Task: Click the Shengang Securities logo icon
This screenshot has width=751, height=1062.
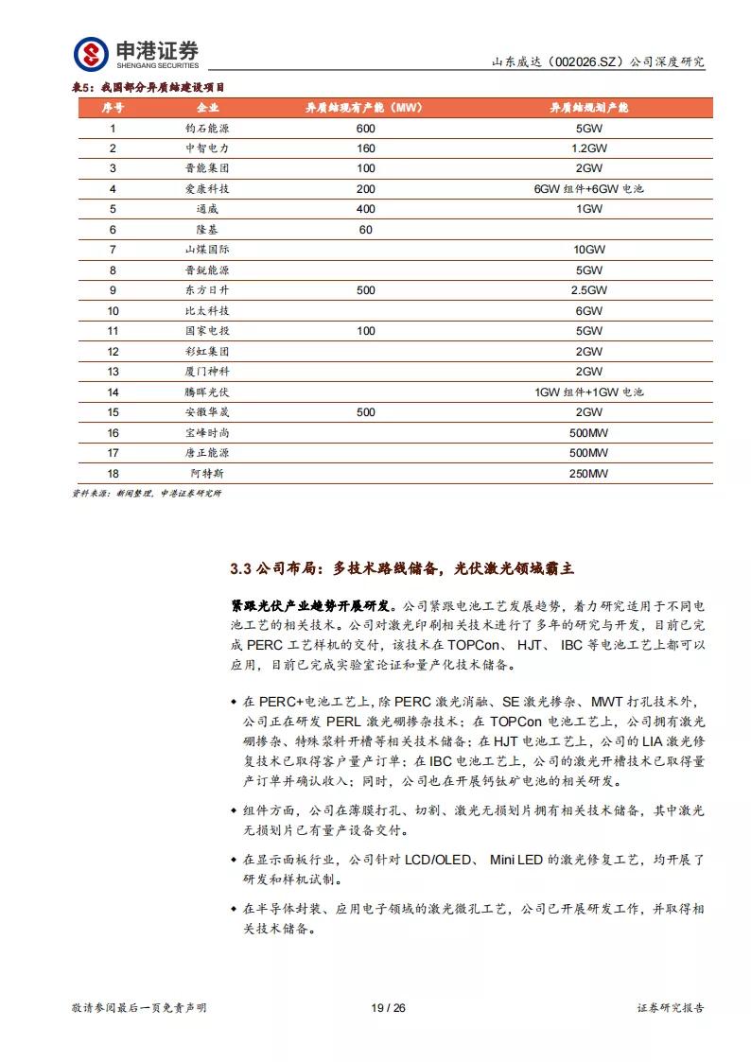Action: pyautogui.click(x=92, y=53)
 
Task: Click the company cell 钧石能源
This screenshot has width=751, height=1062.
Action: pyautogui.click(x=207, y=128)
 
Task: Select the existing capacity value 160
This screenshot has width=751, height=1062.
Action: pyautogui.click(x=366, y=148)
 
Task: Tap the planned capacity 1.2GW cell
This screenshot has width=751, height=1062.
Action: pyautogui.click(x=588, y=148)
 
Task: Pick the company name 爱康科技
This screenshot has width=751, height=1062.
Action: pyautogui.click(x=207, y=189)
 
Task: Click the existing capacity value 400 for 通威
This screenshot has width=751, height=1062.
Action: pyautogui.click(x=366, y=209)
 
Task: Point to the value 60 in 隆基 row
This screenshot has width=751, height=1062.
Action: pyautogui.click(x=366, y=230)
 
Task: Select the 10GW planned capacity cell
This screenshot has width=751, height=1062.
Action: pyautogui.click(x=588, y=250)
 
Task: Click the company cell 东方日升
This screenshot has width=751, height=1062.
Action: pyautogui.click(x=207, y=290)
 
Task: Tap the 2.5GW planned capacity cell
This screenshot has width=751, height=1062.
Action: pyautogui.click(x=588, y=290)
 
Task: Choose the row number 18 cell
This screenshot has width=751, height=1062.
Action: pyautogui.click(x=113, y=473)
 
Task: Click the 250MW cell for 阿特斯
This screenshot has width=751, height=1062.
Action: pyautogui.click(x=588, y=473)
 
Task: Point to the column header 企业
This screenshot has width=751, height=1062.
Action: pyautogui.click(x=207, y=108)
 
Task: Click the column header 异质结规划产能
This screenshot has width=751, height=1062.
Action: pyautogui.click(x=588, y=108)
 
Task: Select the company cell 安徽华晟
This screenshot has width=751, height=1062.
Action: pyautogui.click(x=207, y=412)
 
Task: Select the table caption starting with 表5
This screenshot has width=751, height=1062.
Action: pyautogui.click(x=150, y=87)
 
